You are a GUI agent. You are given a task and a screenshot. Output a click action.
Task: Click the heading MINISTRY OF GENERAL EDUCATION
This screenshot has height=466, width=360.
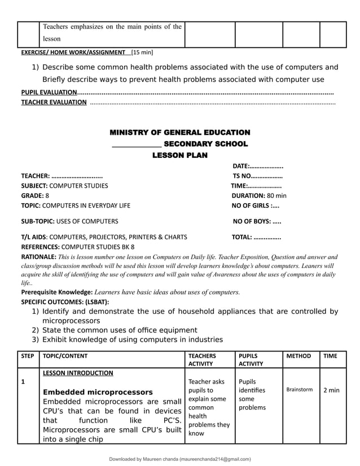point(179,133)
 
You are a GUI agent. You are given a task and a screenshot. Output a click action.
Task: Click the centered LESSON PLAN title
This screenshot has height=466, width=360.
point(179,155)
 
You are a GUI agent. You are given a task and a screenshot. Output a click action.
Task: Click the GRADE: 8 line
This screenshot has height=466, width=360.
point(35,195)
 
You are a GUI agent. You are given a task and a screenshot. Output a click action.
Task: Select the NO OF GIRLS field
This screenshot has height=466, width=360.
point(255,205)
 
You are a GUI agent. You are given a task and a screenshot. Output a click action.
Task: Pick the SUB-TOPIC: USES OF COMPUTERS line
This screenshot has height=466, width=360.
point(69,221)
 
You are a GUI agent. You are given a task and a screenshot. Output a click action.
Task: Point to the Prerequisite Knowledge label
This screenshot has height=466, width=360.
point(56,292)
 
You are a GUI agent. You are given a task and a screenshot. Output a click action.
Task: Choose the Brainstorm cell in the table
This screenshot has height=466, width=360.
point(299,390)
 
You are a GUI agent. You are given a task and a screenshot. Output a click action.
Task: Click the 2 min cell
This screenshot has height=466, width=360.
point(331,390)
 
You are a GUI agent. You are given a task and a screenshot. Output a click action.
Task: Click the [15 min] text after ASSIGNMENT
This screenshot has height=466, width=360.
point(142,52)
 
